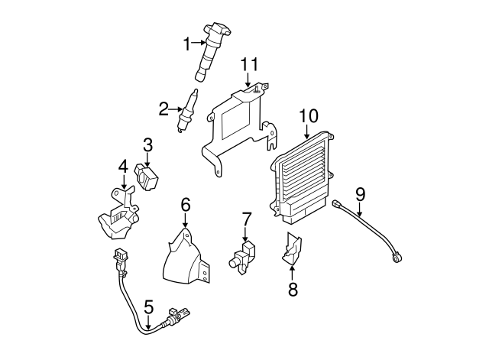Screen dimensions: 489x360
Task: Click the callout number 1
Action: click(x=187, y=44)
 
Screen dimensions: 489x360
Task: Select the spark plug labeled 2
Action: click(x=187, y=110)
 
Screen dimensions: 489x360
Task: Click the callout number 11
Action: click(x=250, y=64)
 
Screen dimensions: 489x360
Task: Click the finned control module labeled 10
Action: click(x=300, y=178)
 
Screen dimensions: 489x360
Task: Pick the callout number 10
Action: click(x=309, y=115)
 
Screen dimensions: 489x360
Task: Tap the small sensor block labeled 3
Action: click(x=147, y=177)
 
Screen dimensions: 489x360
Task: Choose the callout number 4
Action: click(x=123, y=167)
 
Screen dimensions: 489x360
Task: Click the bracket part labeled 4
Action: click(x=119, y=216)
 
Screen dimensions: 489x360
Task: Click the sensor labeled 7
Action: click(x=243, y=258)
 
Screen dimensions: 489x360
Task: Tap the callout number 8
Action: click(x=293, y=289)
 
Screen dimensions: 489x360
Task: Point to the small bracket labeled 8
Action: click(x=292, y=248)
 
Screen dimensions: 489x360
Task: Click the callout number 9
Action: click(x=360, y=194)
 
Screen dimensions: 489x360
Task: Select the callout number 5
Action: click(x=149, y=307)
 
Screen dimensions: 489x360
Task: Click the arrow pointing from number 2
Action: click(x=175, y=109)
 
